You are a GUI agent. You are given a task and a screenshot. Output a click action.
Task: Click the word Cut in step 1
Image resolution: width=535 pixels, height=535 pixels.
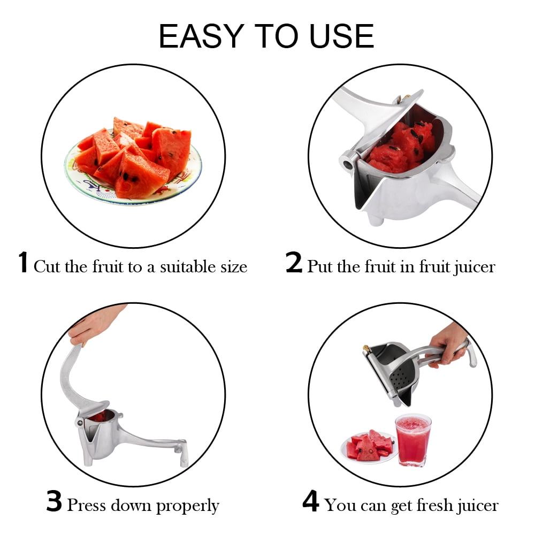47,266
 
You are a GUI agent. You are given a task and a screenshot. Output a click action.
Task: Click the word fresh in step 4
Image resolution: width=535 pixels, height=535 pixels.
410,505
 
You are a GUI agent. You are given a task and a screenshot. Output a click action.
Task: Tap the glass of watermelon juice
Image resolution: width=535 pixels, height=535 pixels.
413,439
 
